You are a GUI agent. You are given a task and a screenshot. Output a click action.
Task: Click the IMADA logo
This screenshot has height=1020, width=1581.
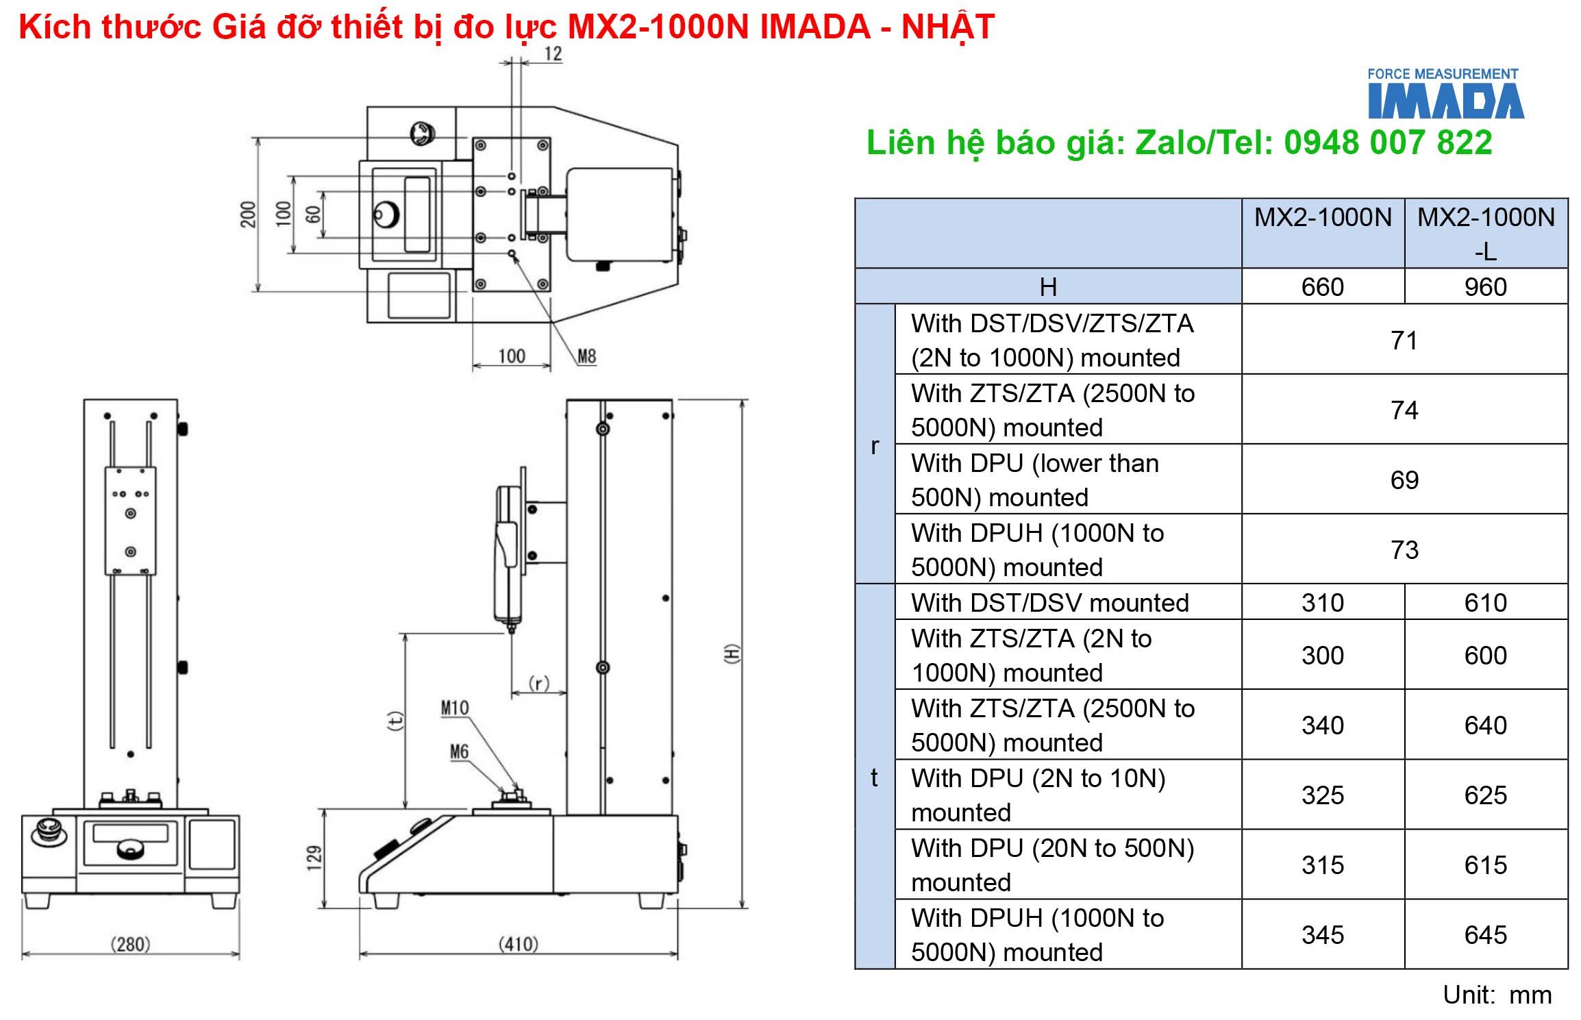(x=1445, y=95)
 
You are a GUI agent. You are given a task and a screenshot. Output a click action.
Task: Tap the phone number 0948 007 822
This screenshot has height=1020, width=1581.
(x=1388, y=143)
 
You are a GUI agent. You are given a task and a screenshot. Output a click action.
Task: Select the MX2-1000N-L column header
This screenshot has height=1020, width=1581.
(x=1485, y=233)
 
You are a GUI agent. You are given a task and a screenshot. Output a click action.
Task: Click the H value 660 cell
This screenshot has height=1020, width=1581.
(x=1322, y=286)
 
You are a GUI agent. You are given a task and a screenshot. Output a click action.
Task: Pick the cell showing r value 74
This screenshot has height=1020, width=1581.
(x=1404, y=410)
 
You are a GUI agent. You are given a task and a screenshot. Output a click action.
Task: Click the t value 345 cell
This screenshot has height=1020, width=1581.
(x=1322, y=934)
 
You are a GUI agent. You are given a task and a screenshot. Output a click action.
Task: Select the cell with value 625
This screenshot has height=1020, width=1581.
(x=1485, y=795)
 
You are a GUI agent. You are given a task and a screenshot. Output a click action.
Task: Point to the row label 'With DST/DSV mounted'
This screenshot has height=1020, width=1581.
(x=1049, y=603)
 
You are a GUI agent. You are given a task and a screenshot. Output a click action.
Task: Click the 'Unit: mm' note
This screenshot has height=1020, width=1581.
(x=1497, y=995)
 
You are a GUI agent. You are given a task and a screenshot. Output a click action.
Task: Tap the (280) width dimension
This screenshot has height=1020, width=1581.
(x=130, y=944)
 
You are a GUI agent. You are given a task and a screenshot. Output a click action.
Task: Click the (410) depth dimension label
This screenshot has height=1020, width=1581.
(x=518, y=944)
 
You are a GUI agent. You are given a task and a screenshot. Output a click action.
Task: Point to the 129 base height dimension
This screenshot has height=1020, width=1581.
(x=314, y=857)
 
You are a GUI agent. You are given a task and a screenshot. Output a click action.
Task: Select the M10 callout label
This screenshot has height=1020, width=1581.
(x=455, y=708)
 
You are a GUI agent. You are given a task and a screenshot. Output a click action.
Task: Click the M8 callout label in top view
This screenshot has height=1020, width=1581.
(x=586, y=356)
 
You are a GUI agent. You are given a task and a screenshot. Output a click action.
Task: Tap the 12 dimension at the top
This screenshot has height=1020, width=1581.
(x=553, y=54)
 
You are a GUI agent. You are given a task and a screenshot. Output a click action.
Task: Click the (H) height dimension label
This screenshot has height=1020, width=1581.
(x=732, y=653)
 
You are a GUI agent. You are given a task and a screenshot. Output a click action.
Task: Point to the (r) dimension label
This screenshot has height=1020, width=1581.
(x=539, y=683)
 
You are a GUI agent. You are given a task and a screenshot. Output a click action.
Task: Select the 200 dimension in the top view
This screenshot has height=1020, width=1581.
(x=248, y=214)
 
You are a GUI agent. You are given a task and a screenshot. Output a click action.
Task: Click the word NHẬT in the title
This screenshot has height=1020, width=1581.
(x=947, y=27)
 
